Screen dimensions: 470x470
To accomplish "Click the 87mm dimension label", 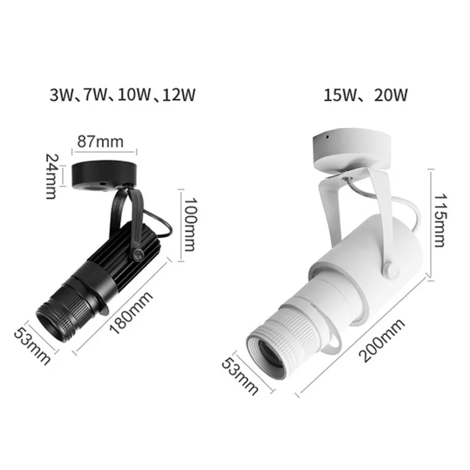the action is click(x=100, y=142).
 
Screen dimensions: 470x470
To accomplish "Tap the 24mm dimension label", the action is click(x=51, y=176).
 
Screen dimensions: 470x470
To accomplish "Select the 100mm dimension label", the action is click(x=190, y=224).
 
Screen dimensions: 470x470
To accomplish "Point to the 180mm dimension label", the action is click(x=131, y=313).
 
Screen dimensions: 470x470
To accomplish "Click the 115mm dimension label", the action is click(x=440, y=220).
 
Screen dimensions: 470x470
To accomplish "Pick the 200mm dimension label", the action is click(x=382, y=340).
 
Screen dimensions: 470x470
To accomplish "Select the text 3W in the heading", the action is click(x=62, y=95).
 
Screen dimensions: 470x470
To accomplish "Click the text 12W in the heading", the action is click(x=179, y=95).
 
